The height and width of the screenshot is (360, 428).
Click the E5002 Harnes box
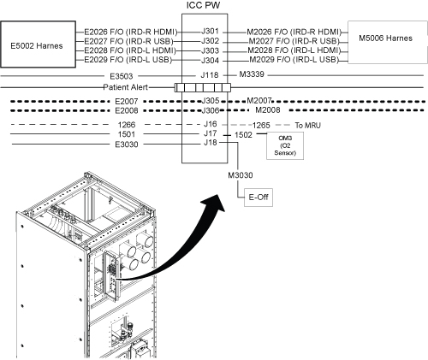pos(38,44)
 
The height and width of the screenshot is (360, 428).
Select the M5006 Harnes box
pos(388,42)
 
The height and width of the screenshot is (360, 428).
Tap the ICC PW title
pos(203,5)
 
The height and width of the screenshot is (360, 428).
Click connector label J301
pos(210,31)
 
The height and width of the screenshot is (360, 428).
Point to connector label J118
pos(210,75)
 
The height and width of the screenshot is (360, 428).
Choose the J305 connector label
pos(211,101)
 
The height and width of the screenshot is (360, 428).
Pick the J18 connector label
pos(211,143)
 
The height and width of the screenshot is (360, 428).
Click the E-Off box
pos(259,198)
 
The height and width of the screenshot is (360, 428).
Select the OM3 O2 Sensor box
pos(285,145)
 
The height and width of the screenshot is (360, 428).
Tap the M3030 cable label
pos(241,175)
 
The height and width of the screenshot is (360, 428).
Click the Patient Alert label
pos(126,87)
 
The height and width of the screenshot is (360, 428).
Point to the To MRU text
pos(308,126)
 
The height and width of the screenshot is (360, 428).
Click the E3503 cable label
pos(122,76)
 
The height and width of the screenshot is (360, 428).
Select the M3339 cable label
pos(252,74)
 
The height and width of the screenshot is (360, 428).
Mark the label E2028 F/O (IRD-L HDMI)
pos(130,50)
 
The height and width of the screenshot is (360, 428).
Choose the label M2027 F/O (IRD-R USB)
pos(294,41)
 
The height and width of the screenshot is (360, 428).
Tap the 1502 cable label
pos(243,135)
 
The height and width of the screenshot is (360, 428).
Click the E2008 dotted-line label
pos(127,110)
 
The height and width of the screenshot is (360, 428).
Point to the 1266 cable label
pos(127,125)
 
